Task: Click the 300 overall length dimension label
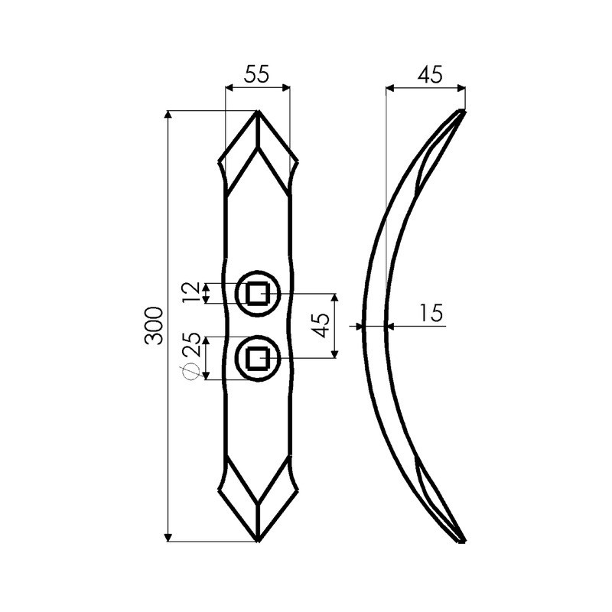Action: [152, 326]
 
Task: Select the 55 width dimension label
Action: [256, 73]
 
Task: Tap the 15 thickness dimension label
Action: [431, 313]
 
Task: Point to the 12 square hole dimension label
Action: [193, 293]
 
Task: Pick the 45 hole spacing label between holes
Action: [321, 325]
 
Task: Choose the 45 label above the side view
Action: [430, 74]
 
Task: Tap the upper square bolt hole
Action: [258, 293]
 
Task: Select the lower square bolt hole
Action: [258, 358]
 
